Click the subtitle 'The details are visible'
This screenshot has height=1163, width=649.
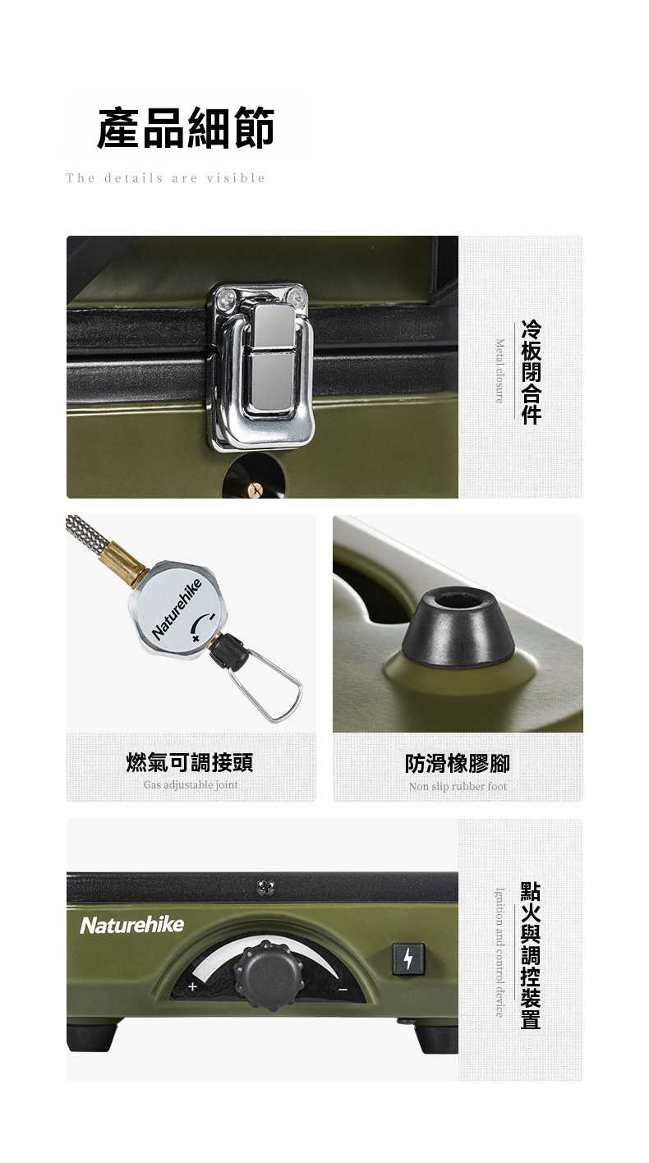coord(166,178)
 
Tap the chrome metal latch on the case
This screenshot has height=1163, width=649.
coord(261,365)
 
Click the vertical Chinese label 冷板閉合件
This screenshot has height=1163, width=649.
coord(532,372)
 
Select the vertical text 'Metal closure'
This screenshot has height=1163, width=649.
coord(499,370)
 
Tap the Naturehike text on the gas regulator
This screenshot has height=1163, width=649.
coord(177,609)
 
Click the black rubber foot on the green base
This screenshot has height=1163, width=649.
coord(458,627)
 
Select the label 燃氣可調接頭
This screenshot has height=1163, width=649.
coord(190,762)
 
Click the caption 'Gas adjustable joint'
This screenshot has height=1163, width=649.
coord(191,784)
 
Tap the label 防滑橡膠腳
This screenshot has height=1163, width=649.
coord(458,763)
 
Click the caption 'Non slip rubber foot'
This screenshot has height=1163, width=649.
coord(458,786)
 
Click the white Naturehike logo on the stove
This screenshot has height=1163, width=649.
coord(132,925)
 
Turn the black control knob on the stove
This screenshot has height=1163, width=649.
coord(269,976)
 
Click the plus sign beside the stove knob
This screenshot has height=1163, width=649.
coord(192,986)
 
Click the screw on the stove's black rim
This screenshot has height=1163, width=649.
coord(266,887)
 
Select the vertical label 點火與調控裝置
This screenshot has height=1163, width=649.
coord(531,955)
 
